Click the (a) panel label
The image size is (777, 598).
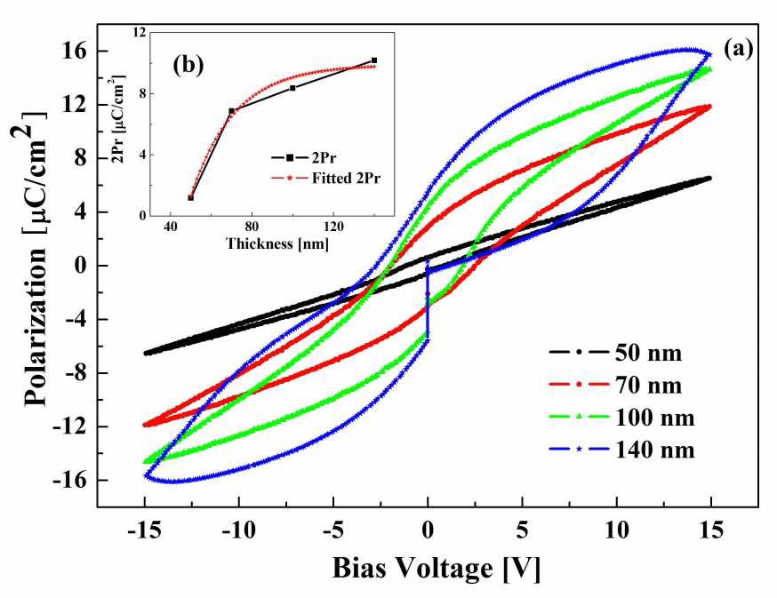[739, 50]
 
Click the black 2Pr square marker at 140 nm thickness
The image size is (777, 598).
[374, 60]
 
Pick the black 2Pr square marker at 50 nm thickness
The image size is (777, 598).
[191, 197]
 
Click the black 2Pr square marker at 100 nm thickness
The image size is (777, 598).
[292, 88]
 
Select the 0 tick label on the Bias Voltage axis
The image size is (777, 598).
[428, 531]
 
